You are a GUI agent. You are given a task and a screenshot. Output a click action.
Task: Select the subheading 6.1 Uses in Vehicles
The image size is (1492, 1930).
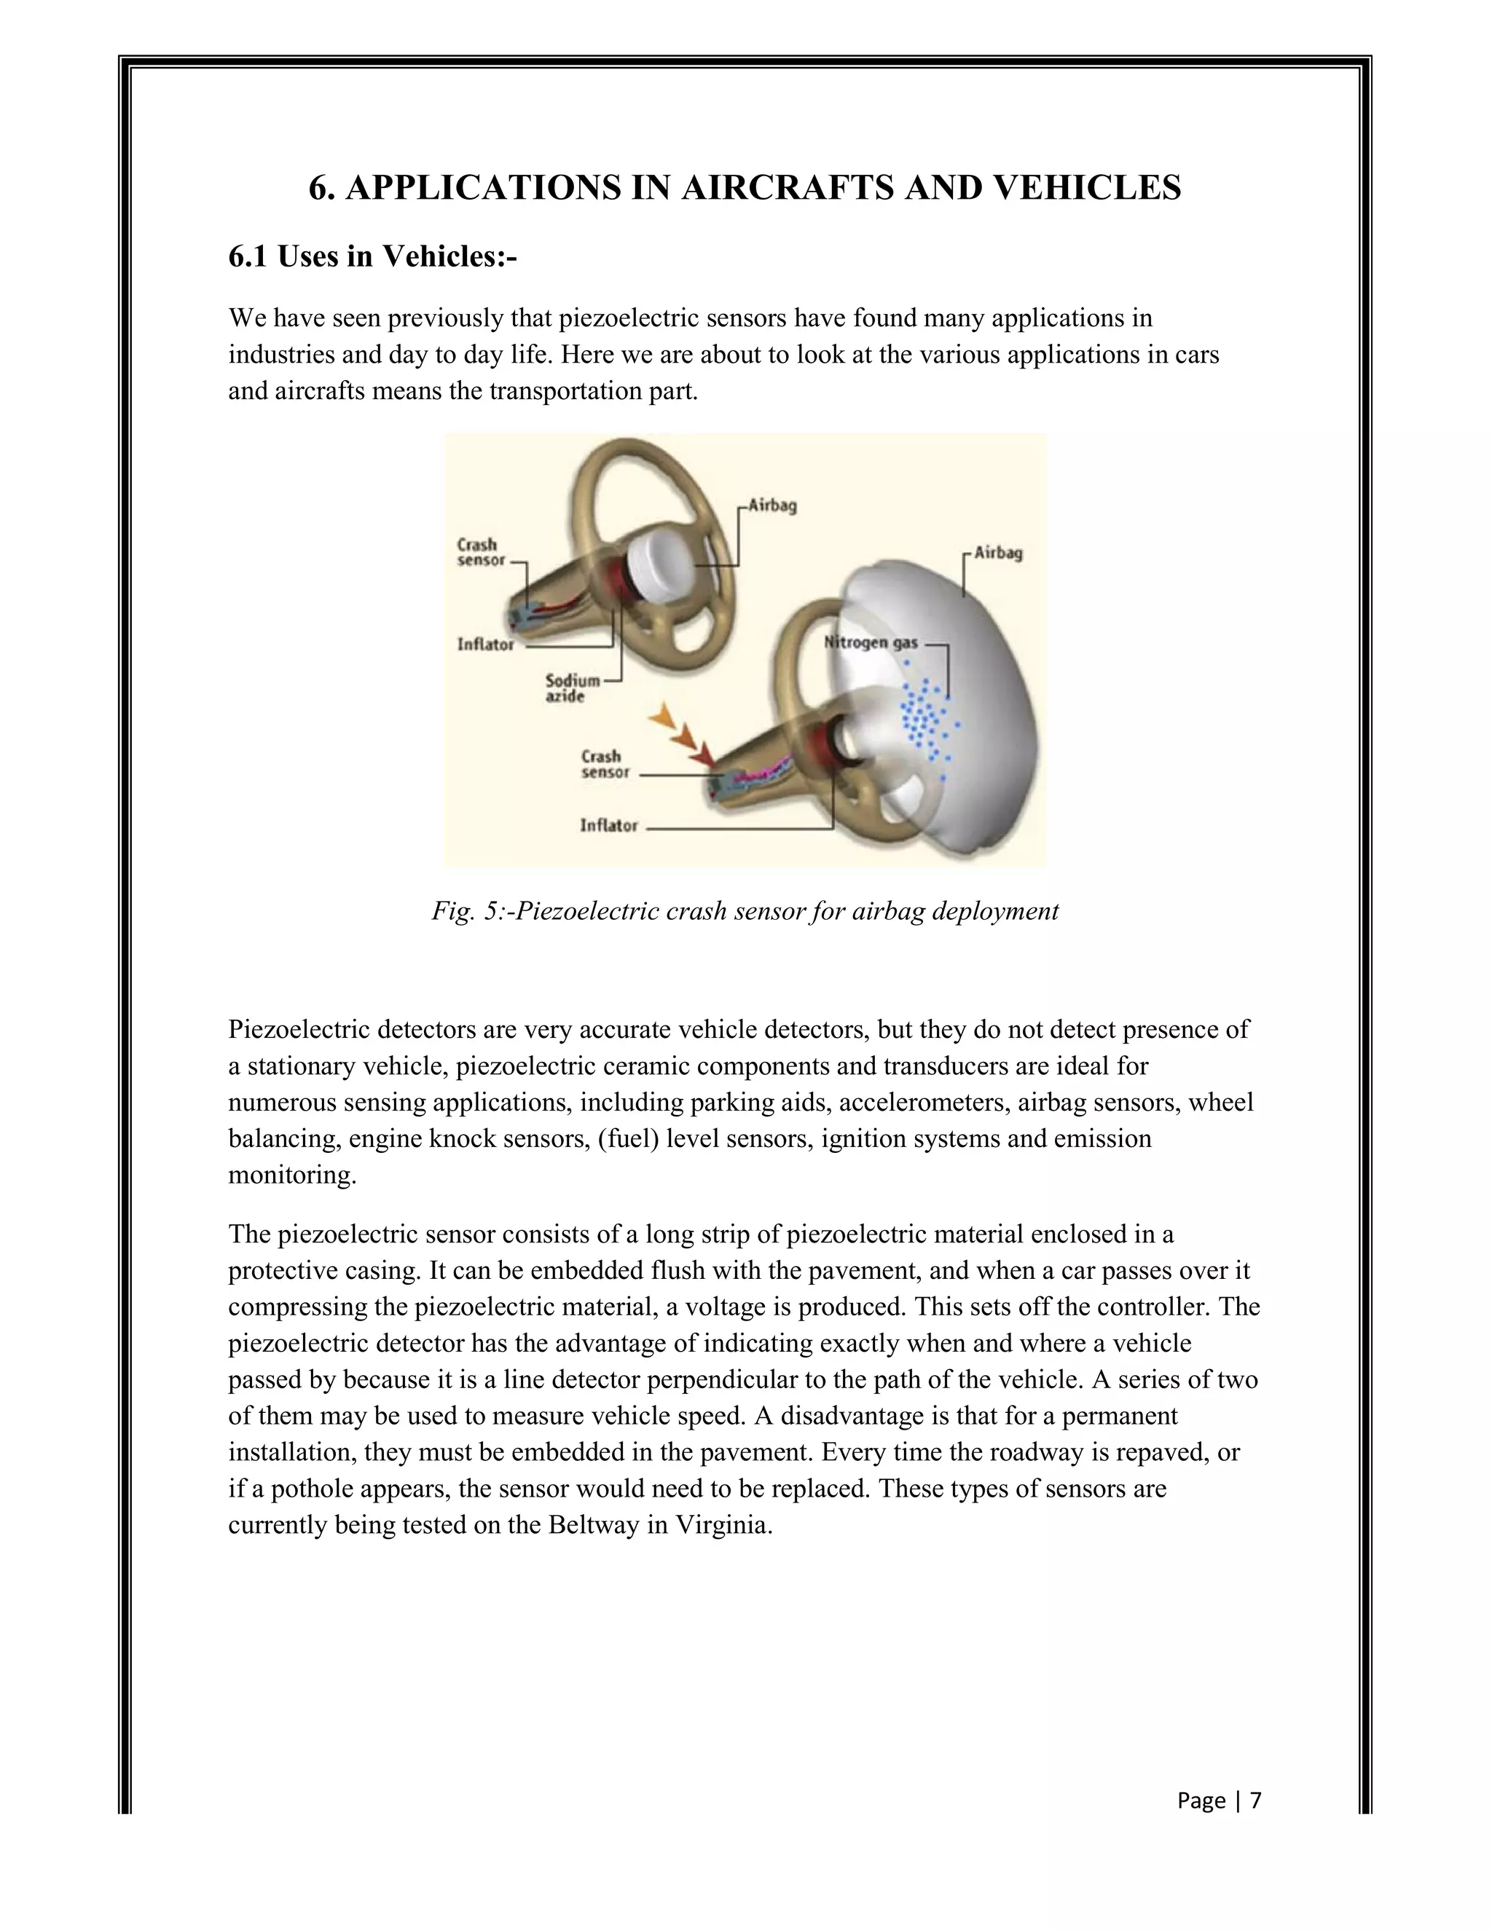coord(372,256)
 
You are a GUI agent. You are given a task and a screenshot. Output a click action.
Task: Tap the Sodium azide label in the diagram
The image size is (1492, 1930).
coord(571,688)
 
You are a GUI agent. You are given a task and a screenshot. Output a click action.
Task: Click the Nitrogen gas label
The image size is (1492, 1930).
coord(871,642)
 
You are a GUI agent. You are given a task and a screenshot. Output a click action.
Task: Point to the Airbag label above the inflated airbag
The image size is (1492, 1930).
coord(998,554)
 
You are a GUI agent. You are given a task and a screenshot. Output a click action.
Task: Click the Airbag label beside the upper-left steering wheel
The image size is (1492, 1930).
coord(771,506)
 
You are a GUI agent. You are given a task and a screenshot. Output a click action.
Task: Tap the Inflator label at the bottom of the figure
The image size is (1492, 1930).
coord(608,825)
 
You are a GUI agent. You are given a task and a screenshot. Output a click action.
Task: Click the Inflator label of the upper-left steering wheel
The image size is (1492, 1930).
coord(485,645)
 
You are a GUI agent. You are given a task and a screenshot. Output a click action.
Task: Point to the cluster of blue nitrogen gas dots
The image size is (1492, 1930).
coord(924,718)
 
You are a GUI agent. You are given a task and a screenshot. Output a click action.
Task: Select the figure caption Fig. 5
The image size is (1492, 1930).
coord(745,911)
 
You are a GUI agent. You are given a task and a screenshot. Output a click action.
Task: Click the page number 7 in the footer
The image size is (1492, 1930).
coord(1255,1800)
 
